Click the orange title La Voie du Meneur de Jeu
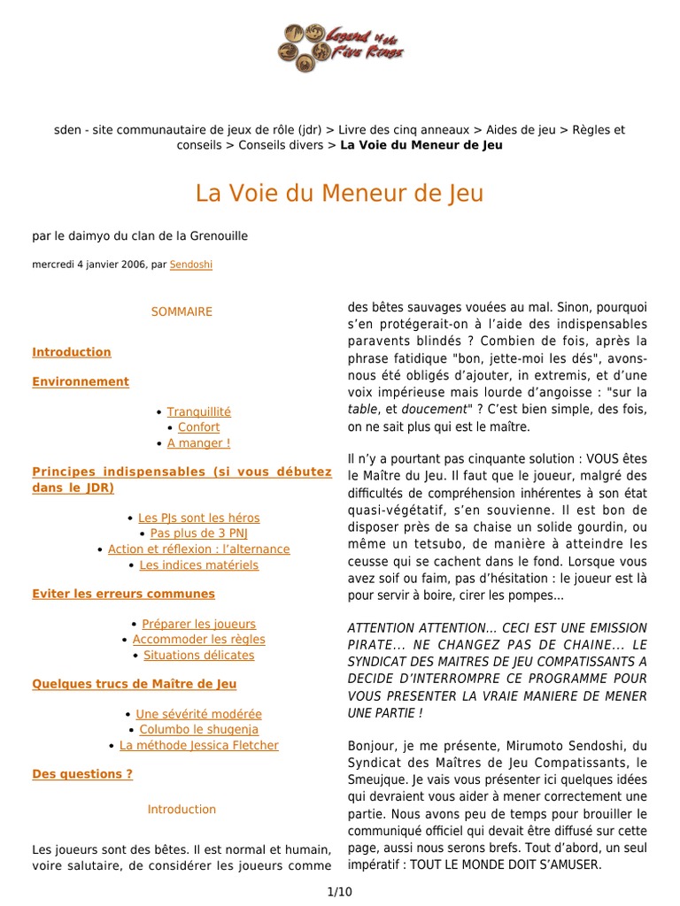pyautogui.click(x=339, y=194)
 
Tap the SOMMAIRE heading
pyautogui.click(x=182, y=311)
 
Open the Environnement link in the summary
pyautogui.click(x=81, y=381)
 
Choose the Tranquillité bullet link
pyautogui.click(x=198, y=411)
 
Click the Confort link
pyautogui.click(x=198, y=427)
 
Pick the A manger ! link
pyautogui.click(x=198, y=443)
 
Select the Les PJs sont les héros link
pyautogui.click(x=199, y=518)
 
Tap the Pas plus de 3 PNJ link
pyautogui.click(x=198, y=534)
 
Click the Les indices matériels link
pyautogui.click(x=199, y=564)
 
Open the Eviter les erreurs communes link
pyautogui.click(x=123, y=594)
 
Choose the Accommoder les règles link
pyautogui.click(x=198, y=639)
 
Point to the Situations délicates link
pyautogui.click(x=198, y=655)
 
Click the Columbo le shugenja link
pyautogui.click(x=198, y=729)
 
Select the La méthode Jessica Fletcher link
pyautogui.click(x=198, y=745)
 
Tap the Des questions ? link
pyautogui.click(x=82, y=773)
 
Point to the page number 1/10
pyautogui.click(x=339, y=892)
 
